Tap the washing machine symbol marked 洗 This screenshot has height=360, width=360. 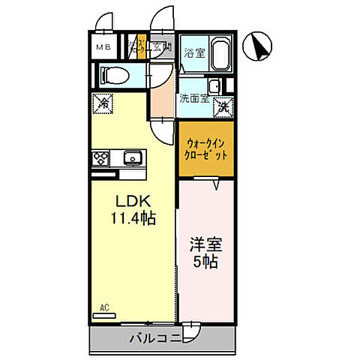[223, 106]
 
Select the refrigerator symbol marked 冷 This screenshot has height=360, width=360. [102, 105]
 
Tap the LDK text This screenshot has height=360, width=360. [133, 202]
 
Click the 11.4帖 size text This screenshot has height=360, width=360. [133, 220]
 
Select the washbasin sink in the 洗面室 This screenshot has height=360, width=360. [215, 86]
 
